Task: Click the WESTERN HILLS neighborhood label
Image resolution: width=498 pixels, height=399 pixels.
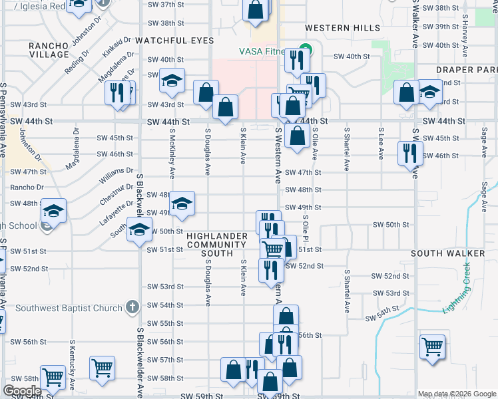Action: click(x=343, y=28)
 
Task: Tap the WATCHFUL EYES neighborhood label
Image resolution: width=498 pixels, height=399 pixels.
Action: click(x=174, y=41)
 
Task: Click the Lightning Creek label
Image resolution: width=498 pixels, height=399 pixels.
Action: click(x=459, y=287)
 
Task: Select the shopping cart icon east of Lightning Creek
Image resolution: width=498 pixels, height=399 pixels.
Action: click(x=432, y=346)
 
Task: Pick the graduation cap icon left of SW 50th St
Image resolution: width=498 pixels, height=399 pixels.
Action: click(x=138, y=231)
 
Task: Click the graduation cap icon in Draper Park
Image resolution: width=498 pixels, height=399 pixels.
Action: click(x=430, y=92)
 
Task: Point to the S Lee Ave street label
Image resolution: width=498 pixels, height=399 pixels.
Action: click(x=380, y=144)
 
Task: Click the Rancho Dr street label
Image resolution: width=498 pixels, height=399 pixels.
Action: click(x=26, y=188)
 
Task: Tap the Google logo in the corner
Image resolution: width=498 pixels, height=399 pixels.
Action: click(x=22, y=391)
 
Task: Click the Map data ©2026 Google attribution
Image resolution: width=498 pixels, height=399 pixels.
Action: click(x=457, y=394)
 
